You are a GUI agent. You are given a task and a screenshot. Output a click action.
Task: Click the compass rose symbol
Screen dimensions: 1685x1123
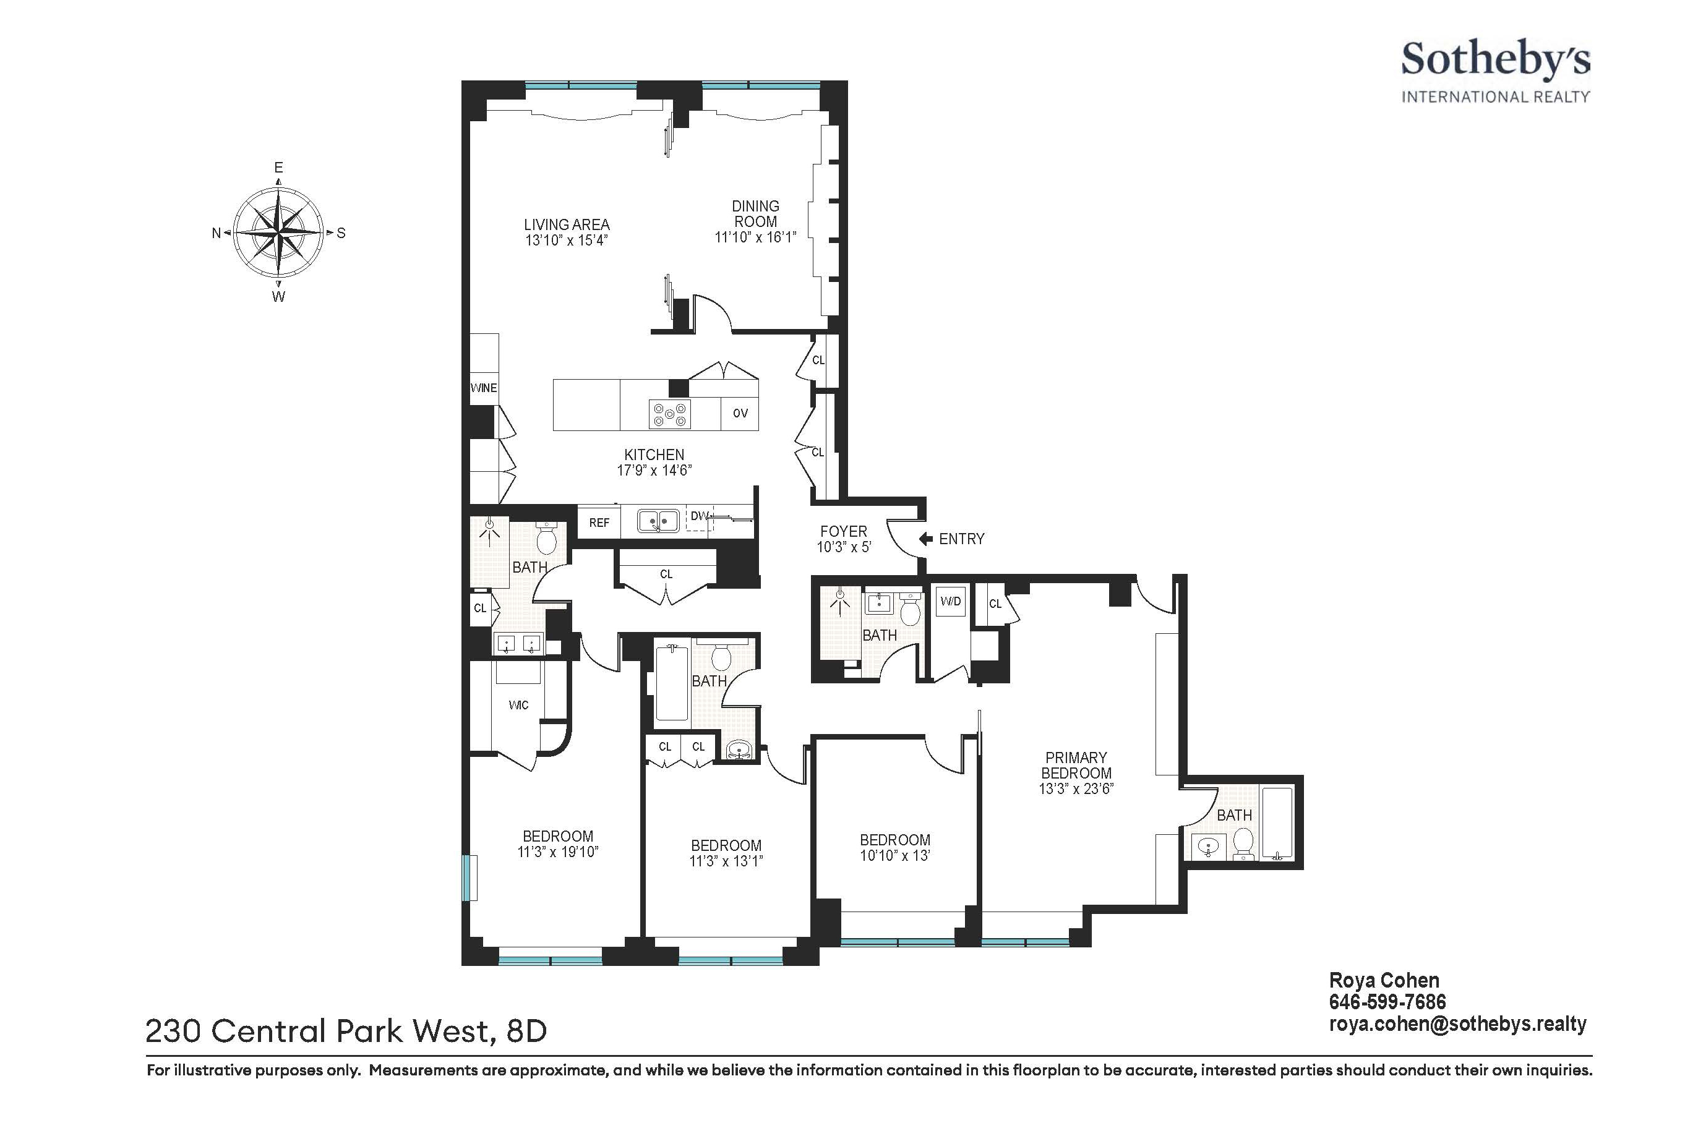coord(279,233)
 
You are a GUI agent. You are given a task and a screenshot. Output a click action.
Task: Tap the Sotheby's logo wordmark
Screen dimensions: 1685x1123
coord(1495,61)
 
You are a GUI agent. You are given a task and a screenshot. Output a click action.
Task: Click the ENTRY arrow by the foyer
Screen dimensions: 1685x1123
coord(925,539)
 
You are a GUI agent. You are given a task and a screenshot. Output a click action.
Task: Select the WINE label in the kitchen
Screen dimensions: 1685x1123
coord(484,388)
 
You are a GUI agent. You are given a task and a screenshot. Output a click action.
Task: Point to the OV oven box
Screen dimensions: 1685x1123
coord(740,413)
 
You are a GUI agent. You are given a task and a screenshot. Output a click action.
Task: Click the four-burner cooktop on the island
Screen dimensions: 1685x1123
coord(670,413)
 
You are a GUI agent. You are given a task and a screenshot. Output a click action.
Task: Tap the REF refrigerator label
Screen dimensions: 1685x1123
coord(599,523)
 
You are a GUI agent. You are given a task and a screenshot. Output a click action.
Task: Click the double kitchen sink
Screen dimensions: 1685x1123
coord(658,521)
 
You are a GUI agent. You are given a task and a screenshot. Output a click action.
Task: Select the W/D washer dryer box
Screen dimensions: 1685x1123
coord(951,601)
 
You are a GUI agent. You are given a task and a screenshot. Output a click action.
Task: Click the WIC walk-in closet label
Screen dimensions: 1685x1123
coord(519,706)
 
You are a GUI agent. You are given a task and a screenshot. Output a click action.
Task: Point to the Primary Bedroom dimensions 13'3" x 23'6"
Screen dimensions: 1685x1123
coord(1076,789)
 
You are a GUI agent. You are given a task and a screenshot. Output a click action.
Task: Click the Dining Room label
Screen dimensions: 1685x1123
coord(755,214)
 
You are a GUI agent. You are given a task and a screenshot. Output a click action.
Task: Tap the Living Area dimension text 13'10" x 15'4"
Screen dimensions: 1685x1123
coord(566,241)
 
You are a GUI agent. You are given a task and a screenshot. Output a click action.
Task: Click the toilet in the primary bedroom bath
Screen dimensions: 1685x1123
coord(1243,843)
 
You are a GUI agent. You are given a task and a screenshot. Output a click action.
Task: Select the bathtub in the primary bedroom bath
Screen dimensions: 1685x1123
coord(1277,824)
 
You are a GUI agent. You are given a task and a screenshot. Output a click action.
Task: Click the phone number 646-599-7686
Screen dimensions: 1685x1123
coord(1387,1002)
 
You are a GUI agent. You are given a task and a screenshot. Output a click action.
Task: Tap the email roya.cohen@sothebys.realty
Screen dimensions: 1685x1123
coord(1458,1025)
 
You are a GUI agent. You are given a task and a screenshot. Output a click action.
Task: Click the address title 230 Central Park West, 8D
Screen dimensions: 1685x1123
coord(346,1031)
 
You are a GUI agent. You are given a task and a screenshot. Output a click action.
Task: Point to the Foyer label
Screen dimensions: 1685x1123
coord(843,531)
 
